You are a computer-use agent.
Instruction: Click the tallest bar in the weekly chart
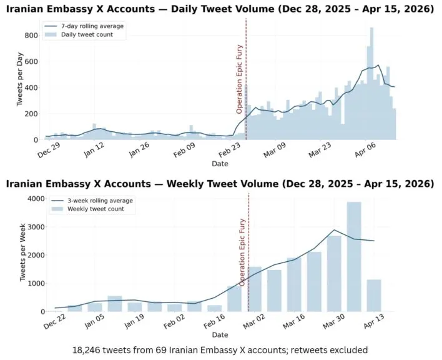coord(354,256)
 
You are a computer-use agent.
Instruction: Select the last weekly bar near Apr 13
coord(374,295)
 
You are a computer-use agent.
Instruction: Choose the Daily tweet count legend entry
coord(83,35)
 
